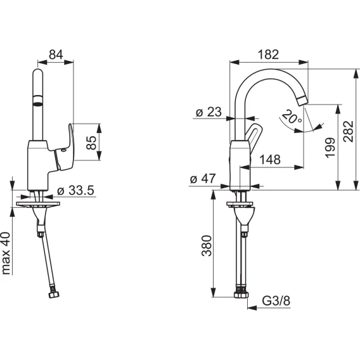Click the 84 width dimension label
pyautogui.click(x=56, y=55)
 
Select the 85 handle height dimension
pyautogui.click(x=92, y=143)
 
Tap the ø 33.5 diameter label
pyautogui.click(x=75, y=190)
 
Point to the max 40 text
pyautogui.click(x=6, y=254)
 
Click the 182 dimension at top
pyautogui.click(x=268, y=55)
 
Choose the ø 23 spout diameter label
pyautogui.click(x=209, y=112)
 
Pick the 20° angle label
pyautogui.click(x=292, y=117)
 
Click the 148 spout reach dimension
pyautogui.click(x=270, y=159)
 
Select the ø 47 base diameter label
pyautogui.click(x=203, y=178)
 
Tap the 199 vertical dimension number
pyautogui.click(x=330, y=148)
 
